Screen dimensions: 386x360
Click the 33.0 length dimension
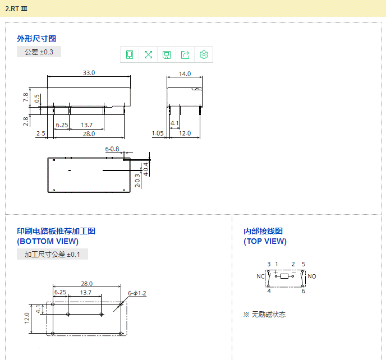pyautogui.click(x=89, y=73)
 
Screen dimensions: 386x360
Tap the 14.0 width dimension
pyautogui.click(x=185, y=74)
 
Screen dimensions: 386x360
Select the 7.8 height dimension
pyautogui.click(x=26, y=98)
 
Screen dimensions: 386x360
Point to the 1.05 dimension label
pyautogui.click(x=158, y=133)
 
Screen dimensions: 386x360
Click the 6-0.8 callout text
pyautogui.click(x=112, y=149)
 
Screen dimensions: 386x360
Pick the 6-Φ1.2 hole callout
pyautogui.click(x=137, y=293)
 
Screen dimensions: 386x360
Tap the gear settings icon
pyautogui.click(x=204, y=54)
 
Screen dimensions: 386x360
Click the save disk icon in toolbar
pyautogui.click(x=167, y=54)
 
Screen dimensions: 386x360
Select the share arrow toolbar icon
pyautogui.click(x=185, y=54)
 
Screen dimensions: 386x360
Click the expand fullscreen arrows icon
pyautogui.click(x=148, y=54)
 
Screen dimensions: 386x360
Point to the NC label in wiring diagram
pyautogui.click(x=260, y=276)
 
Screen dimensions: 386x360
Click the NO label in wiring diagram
pyautogui.click(x=312, y=276)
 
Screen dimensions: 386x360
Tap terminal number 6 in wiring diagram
pyautogui.click(x=304, y=291)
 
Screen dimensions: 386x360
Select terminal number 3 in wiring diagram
pyautogui.click(x=269, y=264)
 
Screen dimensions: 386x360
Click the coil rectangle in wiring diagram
pyautogui.click(x=284, y=276)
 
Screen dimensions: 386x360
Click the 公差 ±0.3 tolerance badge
pyautogui.click(x=39, y=52)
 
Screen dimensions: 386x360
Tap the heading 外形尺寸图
pyautogui.click(x=36, y=39)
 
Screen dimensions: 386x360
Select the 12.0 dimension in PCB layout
pyautogui.click(x=27, y=318)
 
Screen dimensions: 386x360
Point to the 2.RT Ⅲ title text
pyautogui.click(x=16, y=9)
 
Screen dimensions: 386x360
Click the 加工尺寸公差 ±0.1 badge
pyautogui.click(x=52, y=254)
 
